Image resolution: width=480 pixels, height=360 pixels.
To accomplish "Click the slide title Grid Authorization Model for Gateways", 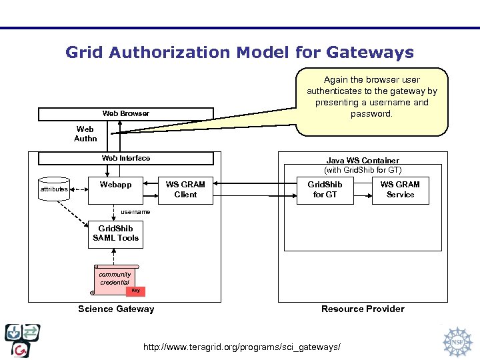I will [239, 52].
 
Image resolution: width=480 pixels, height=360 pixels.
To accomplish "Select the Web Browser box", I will [126, 114].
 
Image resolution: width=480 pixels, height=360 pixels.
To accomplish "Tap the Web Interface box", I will [126, 158].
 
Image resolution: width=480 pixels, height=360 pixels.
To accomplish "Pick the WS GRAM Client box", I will [185, 189].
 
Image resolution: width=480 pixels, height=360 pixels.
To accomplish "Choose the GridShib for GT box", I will [325, 189].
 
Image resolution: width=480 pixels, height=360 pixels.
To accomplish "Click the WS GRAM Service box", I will [400, 189].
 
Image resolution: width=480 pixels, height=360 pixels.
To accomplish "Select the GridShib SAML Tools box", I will [115, 233].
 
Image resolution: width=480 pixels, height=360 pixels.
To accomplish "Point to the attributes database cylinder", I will [54, 189].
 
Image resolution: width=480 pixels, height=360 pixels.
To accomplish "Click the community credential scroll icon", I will [115, 279].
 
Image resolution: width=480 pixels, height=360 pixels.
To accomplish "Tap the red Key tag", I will [135, 291].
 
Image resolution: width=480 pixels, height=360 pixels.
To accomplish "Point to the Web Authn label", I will [85, 134].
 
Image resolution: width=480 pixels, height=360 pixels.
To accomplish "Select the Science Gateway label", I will [116, 309].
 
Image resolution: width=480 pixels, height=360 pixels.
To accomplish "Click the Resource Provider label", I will [363, 309].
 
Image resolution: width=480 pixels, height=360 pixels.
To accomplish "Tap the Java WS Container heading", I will [363, 161].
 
